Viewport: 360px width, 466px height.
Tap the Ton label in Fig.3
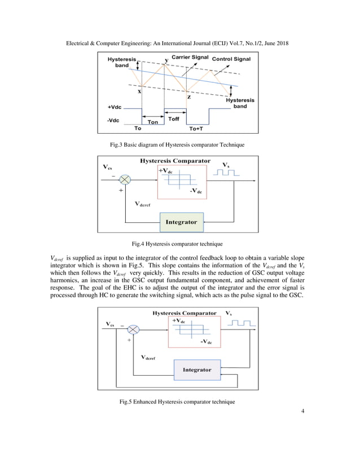(152, 121)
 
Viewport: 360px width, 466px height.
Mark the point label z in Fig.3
(188, 97)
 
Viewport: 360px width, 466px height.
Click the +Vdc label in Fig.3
(115, 107)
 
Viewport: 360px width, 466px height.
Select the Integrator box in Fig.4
(181, 222)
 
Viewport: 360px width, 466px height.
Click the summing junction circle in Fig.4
(125, 179)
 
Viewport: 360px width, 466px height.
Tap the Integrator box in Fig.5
(196, 370)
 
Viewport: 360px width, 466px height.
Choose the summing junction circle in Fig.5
(133, 329)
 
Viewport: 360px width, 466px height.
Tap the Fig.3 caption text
(177, 145)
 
